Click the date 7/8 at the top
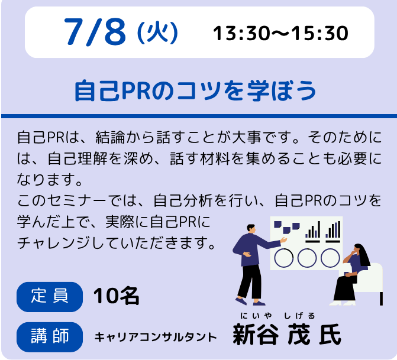(95, 32)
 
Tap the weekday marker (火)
(157, 33)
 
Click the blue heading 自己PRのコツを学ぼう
(195, 90)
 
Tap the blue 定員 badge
(50, 297)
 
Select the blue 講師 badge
(50, 337)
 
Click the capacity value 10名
(116, 296)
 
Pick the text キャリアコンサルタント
(156, 337)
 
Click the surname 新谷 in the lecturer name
(256, 335)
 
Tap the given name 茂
(299, 335)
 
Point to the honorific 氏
(330, 335)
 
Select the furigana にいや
(256, 316)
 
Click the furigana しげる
(299, 316)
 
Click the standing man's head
(251, 229)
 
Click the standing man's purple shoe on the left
(241, 301)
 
